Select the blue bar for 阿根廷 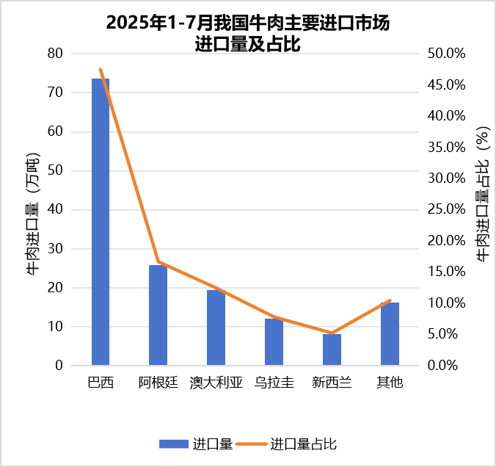(x=158, y=315)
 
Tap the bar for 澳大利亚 (x=216, y=327)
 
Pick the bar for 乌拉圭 (x=274, y=341)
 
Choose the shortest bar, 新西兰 (x=332, y=350)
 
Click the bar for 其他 (x=390, y=333)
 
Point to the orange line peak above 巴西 (x=101, y=70)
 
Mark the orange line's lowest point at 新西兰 (x=332, y=333)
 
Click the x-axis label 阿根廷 (x=158, y=383)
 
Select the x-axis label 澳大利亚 (x=216, y=383)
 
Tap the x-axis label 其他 (x=390, y=383)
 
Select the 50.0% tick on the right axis (x=445, y=54)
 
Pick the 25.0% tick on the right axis (x=445, y=209)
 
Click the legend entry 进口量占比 (x=303, y=444)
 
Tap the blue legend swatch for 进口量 (x=173, y=444)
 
